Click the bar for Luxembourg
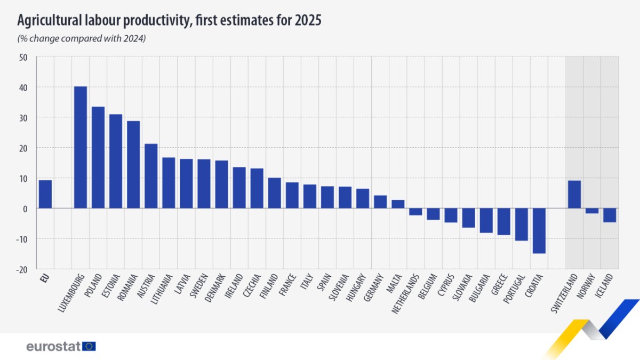pos(81,147)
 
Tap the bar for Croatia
pos(539,230)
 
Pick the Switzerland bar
pos(574,194)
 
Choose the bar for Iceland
pos(610,215)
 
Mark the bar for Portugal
pos(521,224)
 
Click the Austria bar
pos(151,176)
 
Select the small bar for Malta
pos(398,204)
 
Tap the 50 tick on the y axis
pos(23,57)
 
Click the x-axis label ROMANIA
pos(129,289)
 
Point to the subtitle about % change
pos(82,38)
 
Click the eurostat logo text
pos(53,347)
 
